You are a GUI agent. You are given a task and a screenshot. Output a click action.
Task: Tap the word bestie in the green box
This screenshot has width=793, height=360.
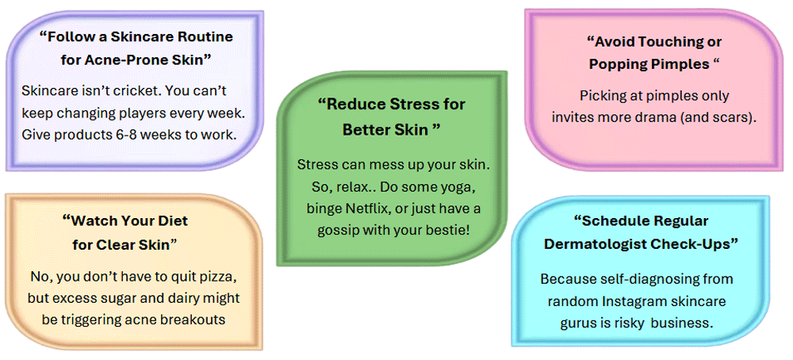[x=449, y=230]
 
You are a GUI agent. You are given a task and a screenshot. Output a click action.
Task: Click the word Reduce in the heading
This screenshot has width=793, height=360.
[x=354, y=105]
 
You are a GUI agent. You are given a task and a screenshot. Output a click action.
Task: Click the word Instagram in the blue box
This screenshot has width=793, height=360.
[x=629, y=301]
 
